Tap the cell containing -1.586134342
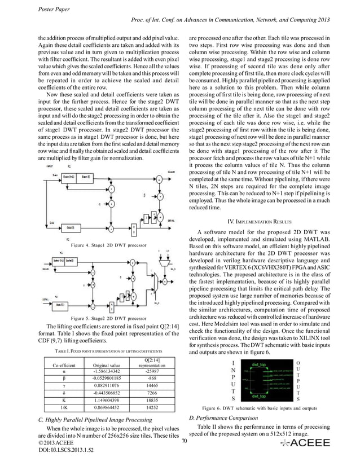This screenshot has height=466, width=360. [109, 372]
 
